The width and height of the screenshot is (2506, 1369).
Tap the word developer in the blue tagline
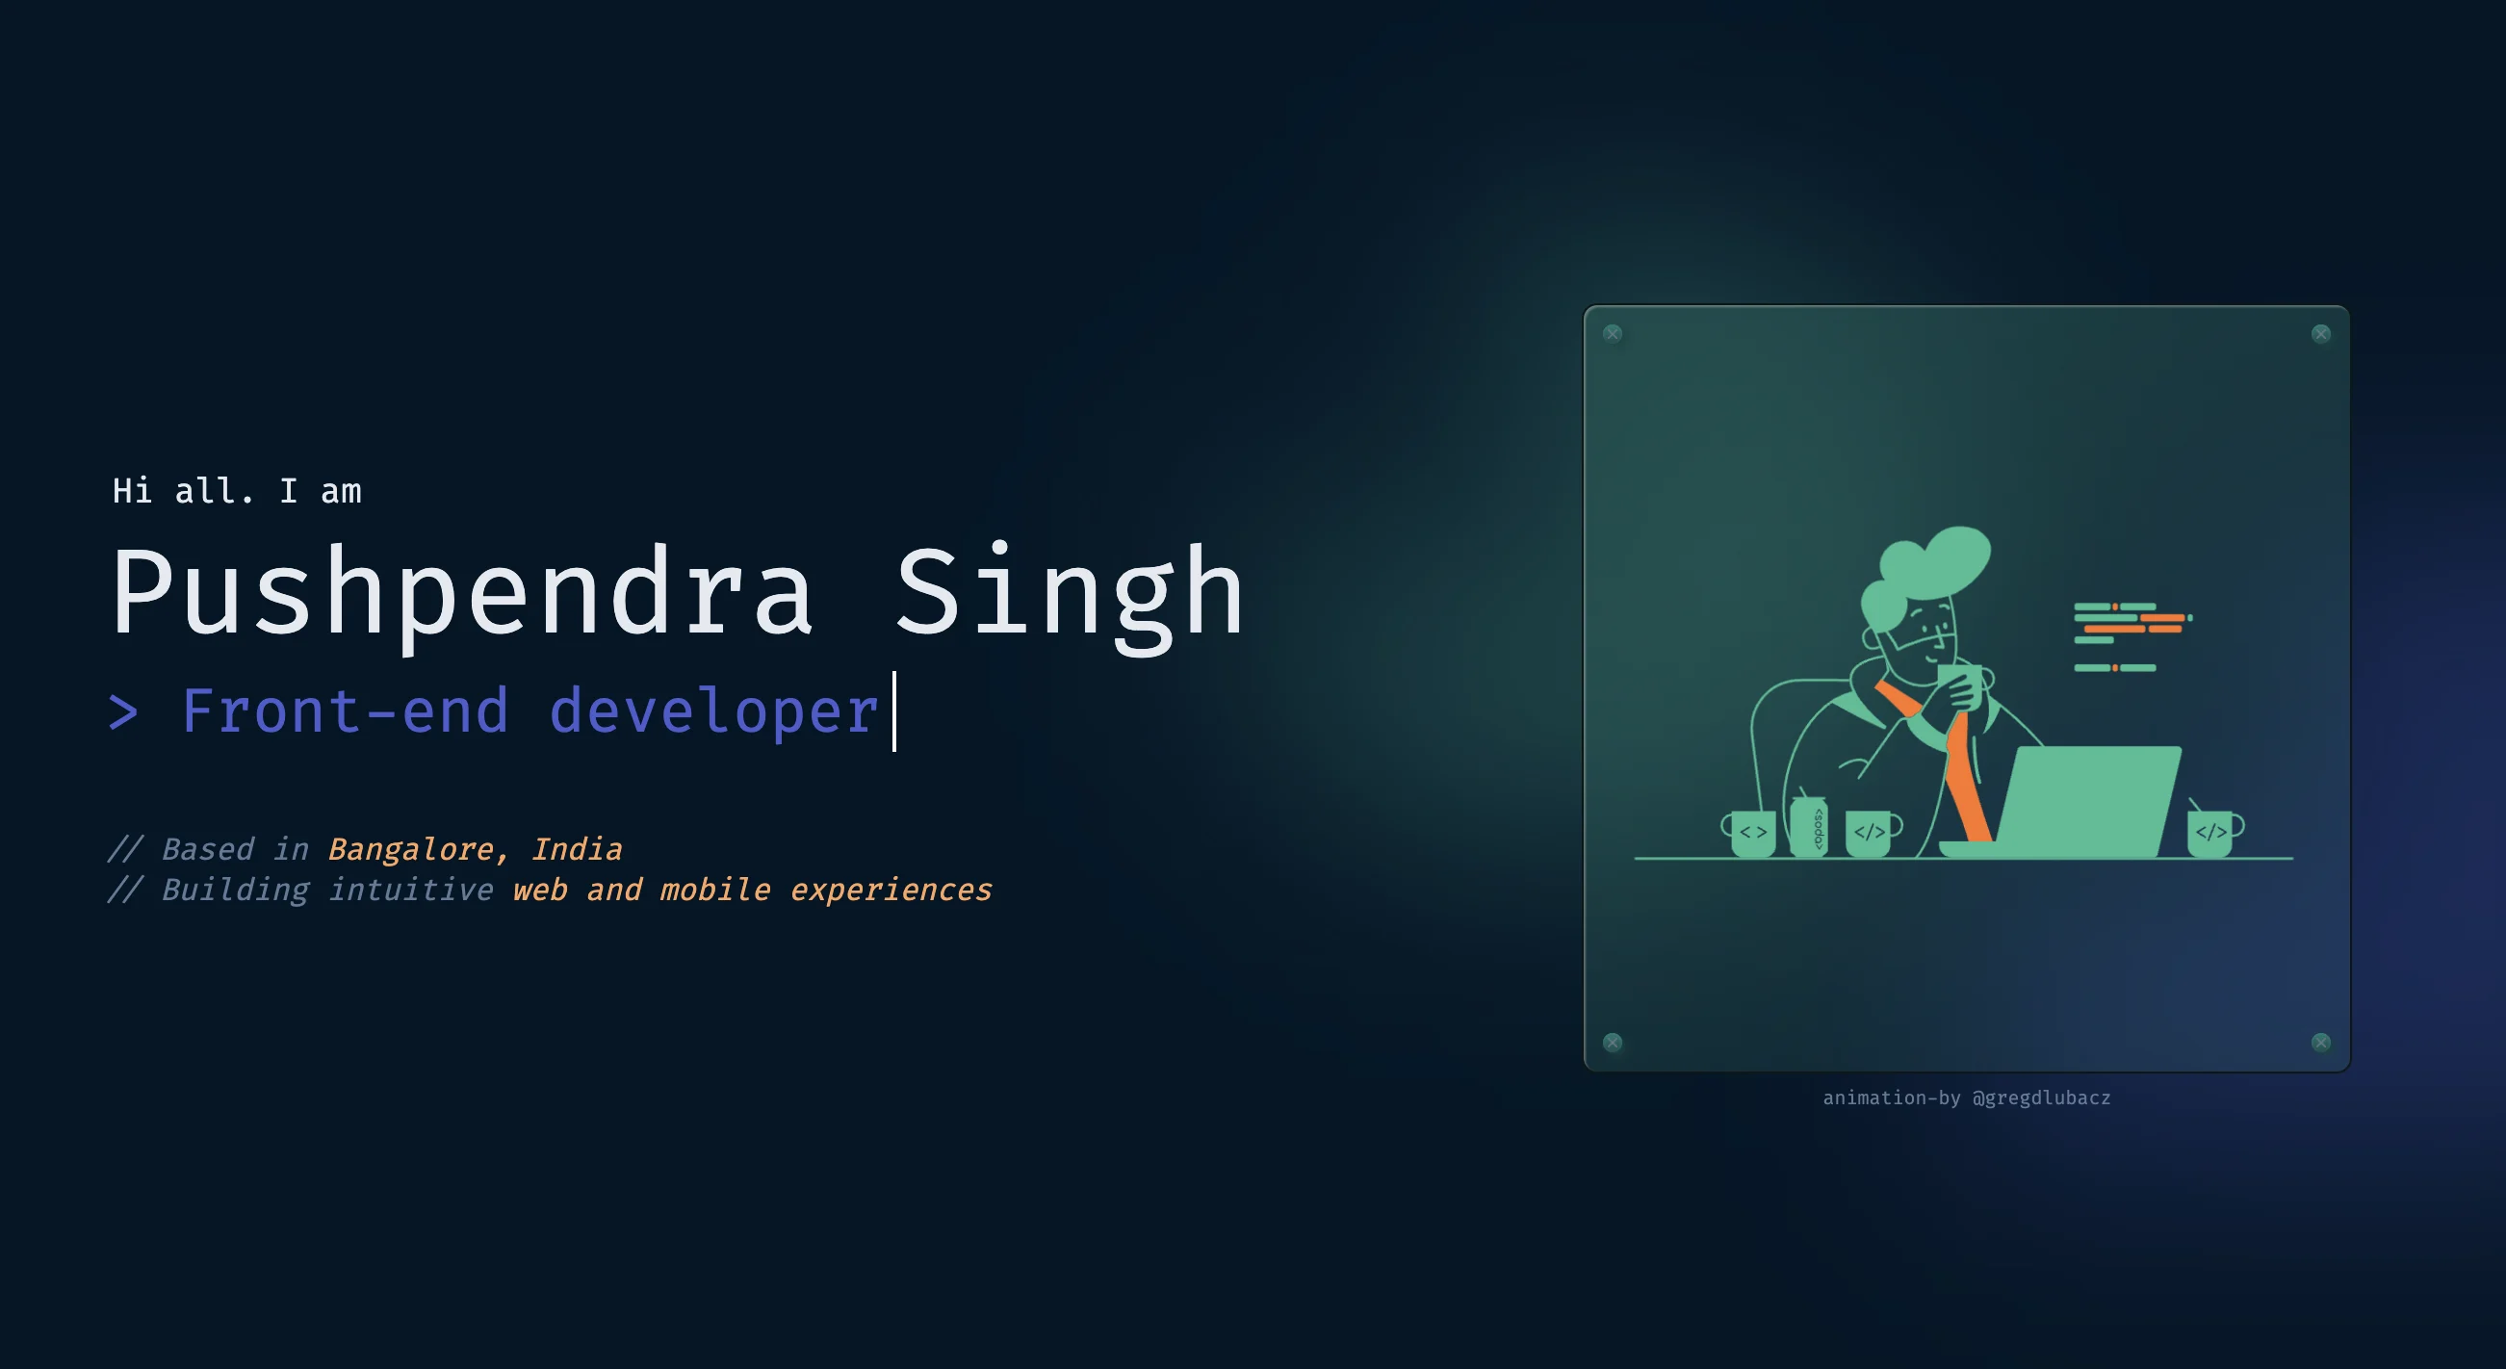coord(714,711)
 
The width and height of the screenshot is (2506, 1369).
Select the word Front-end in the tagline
coord(346,711)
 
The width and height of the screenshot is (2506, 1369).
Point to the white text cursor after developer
coord(894,711)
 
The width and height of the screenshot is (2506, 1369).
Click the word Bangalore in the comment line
coord(410,849)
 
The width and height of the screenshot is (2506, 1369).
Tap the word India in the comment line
coord(576,849)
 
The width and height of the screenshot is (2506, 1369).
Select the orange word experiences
coord(891,891)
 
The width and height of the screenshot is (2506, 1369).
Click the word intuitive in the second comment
coord(410,891)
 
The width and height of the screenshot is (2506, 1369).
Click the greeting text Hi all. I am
coord(237,491)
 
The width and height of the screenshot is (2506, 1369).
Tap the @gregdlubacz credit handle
coord(2041,1098)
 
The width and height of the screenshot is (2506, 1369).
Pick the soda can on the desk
coord(1808,828)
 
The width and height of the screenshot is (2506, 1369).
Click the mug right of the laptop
coord(2211,834)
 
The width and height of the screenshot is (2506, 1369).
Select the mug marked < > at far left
coord(1752,834)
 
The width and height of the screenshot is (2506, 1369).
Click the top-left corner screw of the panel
coord(1612,334)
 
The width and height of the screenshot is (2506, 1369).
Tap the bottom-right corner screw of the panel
coord(2321,1042)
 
